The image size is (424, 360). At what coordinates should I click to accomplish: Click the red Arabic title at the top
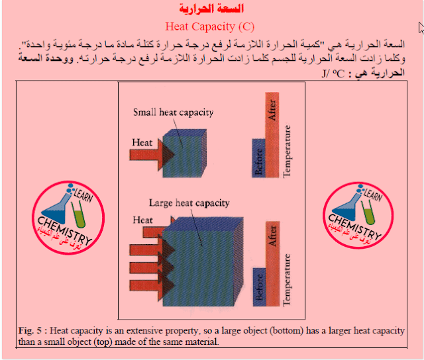[211, 9]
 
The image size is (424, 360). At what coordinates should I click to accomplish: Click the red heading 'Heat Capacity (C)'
[210, 26]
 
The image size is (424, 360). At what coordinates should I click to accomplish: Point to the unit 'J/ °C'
[333, 73]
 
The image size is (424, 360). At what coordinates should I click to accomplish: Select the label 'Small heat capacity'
[174, 112]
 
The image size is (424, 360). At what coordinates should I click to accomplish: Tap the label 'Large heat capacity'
[189, 202]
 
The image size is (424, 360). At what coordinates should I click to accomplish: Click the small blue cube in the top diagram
[185, 153]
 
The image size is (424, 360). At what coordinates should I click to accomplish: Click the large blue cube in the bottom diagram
[203, 261]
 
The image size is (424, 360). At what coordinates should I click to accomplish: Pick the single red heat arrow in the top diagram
[152, 155]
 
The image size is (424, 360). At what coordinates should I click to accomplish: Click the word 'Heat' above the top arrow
[142, 142]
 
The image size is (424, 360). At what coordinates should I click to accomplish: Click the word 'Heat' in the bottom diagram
[142, 220]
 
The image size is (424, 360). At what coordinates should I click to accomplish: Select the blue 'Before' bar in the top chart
[258, 158]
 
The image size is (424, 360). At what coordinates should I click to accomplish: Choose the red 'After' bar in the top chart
[272, 135]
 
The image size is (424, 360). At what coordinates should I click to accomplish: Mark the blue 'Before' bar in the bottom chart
[259, 287]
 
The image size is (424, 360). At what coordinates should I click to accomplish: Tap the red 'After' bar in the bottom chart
[272, 264]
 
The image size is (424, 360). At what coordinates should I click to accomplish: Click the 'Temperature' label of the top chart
[287, 152]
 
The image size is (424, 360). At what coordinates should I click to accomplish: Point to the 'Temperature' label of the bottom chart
[287, 280]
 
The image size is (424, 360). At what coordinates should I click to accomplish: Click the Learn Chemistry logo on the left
[68, 218]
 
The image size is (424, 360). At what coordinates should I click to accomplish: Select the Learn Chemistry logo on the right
[358, 216]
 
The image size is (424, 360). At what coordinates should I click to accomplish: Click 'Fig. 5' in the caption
[30, 331]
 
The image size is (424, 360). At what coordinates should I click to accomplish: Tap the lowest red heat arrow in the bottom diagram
[152, 285]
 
